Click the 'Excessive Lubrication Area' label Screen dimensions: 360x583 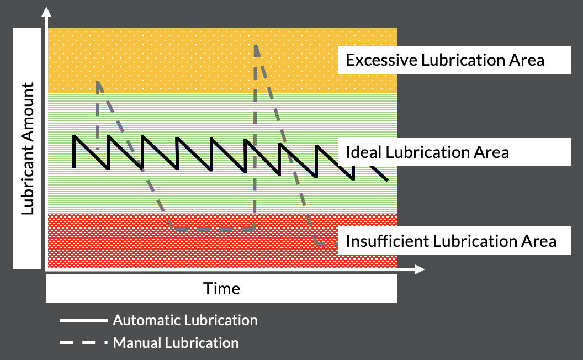coord(445,60)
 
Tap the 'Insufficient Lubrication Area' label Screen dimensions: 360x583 coord(451,241)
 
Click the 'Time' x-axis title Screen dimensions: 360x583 coord(221,288)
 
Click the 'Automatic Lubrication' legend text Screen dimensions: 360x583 coord(185,320)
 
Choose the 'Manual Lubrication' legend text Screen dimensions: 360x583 coord(176,343)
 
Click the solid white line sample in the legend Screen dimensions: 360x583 coord(83,320)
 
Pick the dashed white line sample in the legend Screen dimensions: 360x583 coord(83,343)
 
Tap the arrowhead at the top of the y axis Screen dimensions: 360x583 coord(46,12)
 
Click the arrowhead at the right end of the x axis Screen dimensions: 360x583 coord(420,269)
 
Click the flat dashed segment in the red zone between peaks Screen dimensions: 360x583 coord(213,229)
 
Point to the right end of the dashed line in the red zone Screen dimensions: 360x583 coord(334,243)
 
